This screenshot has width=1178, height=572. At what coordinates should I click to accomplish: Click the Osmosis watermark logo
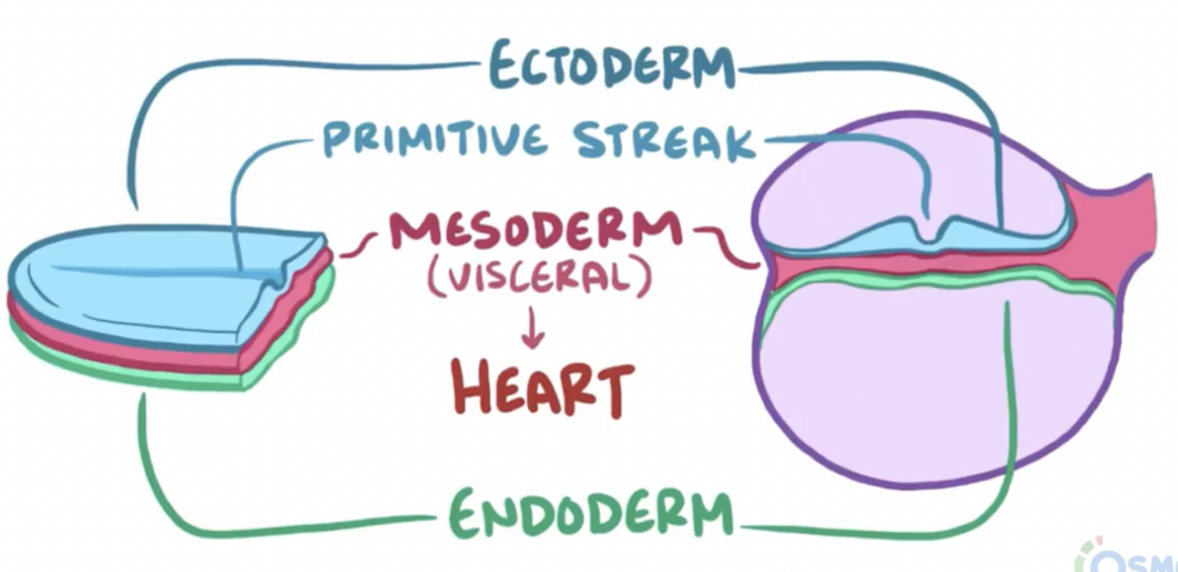pyautogui.click(x=1135, y=556)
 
